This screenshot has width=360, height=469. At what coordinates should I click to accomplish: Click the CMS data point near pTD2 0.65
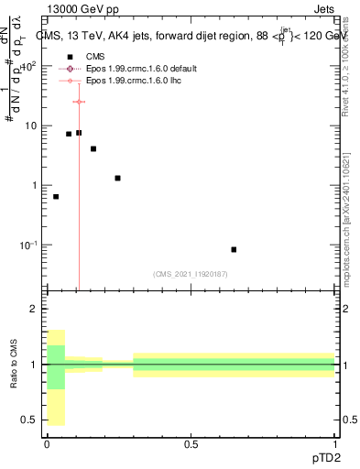coord(234,249)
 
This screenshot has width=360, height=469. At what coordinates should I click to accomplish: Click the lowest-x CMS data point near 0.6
coord(56,197)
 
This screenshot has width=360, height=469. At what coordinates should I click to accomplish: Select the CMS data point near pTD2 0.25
coord(117,178)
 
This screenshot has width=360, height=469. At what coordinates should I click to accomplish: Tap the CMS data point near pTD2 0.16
coord(93,148)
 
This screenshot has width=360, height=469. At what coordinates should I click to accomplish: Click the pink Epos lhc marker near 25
coord(79,102)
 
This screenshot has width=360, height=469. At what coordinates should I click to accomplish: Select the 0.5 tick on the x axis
coord(191,442)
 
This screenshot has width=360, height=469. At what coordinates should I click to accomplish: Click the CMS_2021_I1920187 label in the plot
coord(191,272)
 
